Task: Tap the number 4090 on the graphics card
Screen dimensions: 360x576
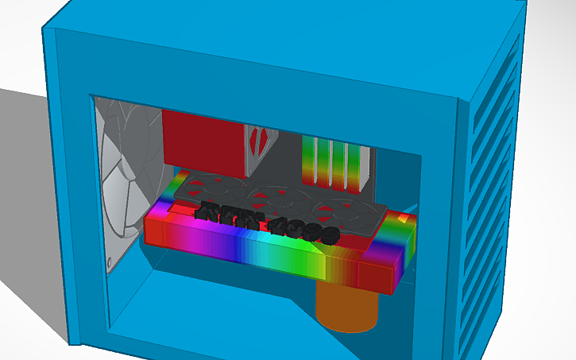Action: [x=306, y=231]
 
